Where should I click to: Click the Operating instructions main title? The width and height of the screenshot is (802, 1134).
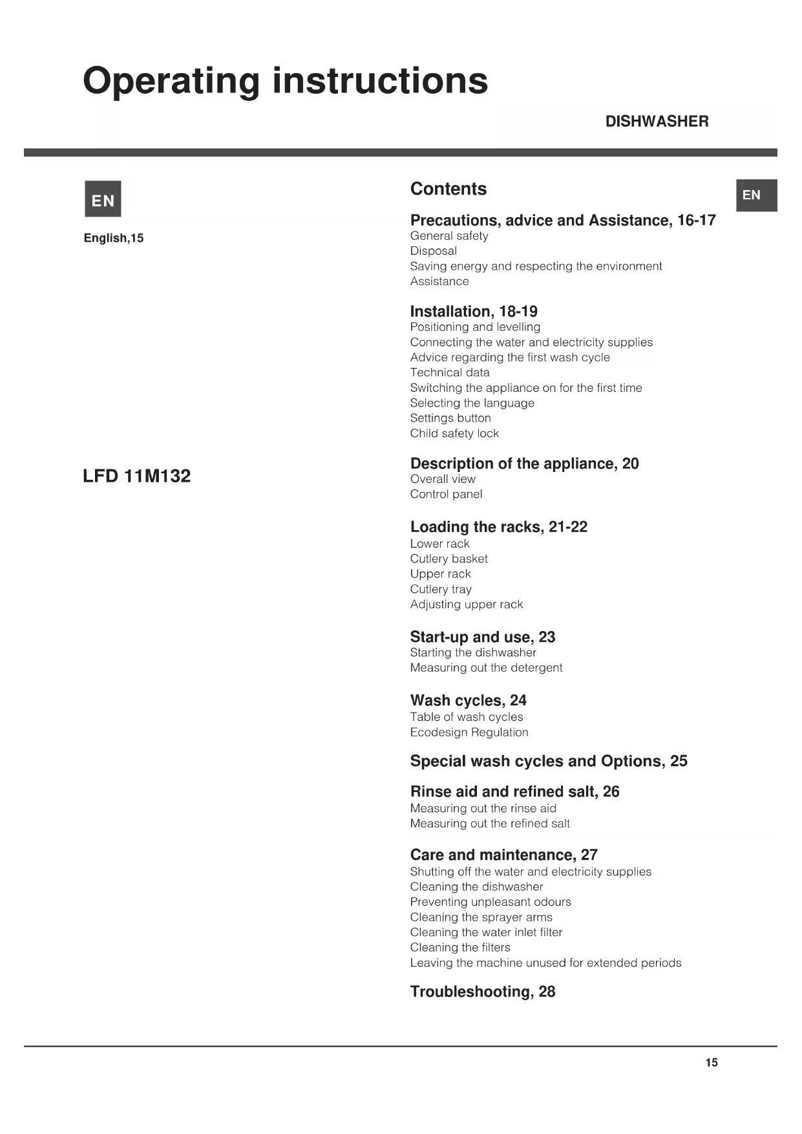click(x=285, y=81)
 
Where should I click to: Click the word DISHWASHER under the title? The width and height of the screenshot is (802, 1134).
click(x=657, y=122)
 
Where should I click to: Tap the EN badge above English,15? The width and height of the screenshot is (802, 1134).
click(x=103, y=199)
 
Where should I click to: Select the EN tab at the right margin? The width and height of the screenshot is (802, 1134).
click(x=755, y=195)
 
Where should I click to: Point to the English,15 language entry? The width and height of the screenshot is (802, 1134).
click(x=114, y=238)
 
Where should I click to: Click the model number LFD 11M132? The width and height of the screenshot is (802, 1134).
click(x=136, y=476)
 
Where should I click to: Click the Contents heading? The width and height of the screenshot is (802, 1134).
click(x=448, y=189)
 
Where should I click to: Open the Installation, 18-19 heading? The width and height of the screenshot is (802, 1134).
click(x=474, y=311)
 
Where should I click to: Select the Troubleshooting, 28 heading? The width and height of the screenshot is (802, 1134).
click(x=482, y=992)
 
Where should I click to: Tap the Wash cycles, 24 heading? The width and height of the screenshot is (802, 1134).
click(x=468, y=700)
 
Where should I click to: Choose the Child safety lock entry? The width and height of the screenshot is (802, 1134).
click(x=454, y=433)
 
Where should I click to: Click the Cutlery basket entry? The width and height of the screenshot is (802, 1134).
click(x=448, y=559)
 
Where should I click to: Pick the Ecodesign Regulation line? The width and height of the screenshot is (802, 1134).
click(x=469, y=732)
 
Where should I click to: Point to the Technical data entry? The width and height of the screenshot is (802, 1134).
click(x=450, y=372)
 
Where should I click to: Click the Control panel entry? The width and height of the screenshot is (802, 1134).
click(x=446, y=494)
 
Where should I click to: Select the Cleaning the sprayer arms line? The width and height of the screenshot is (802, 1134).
click(x=481, y=917)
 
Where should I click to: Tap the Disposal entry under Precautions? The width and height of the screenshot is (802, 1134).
click(x=433, y=251)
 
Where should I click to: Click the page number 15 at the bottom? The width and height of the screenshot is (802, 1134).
click(x=711, y=1062)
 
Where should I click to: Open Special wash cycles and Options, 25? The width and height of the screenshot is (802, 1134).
click(x=549, y=761)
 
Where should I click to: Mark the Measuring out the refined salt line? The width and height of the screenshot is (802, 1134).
click(x=490, y=823)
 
